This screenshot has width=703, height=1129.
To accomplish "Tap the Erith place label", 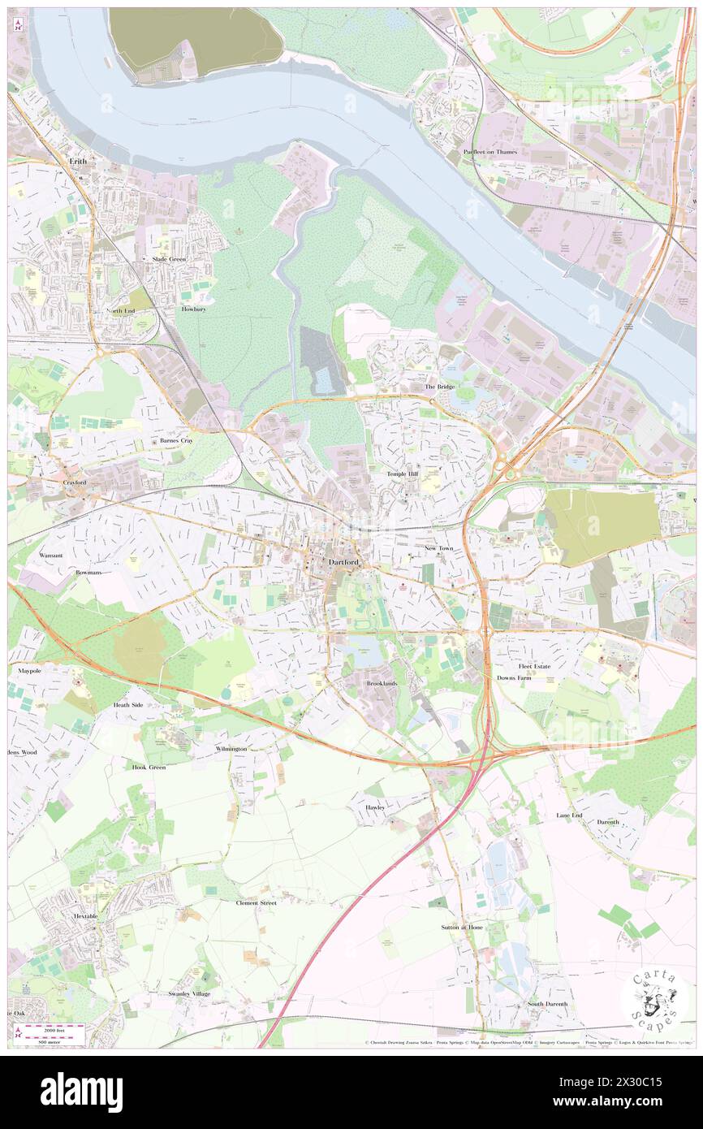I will coord(78,162).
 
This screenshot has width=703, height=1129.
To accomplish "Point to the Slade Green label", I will coord(170,259).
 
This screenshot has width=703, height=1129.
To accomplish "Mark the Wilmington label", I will coord(231,748).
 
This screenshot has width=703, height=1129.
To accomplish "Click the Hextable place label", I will coord(85,916).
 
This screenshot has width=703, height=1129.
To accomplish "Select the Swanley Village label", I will coord(189,993).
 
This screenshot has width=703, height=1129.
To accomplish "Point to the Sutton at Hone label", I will coord(462,927).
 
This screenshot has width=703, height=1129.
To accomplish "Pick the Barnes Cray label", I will coord(176,441).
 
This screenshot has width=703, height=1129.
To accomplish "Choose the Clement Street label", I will coord(257,902).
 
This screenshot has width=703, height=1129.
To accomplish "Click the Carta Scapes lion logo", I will coord(655,1000).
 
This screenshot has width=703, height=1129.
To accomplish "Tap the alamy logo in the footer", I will coord(81,1092).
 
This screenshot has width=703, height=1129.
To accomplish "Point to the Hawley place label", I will coord(374,808).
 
